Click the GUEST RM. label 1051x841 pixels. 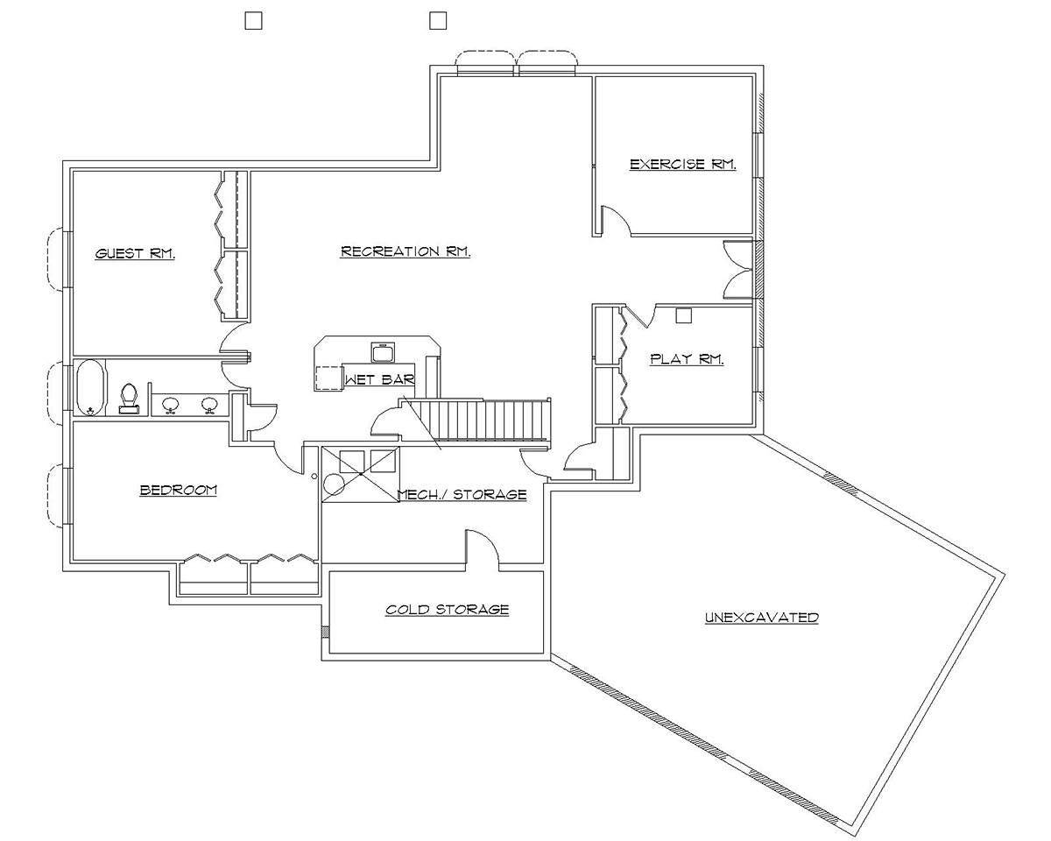point(135,254)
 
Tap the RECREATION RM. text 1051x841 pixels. point(406,251)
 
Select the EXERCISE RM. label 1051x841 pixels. point(682,164)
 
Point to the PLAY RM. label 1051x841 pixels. point(687,359)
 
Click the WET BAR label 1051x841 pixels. point(379,380)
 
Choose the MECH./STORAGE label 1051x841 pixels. point(462,495)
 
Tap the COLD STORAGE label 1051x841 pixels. point(447,610)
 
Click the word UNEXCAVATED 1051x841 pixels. point(761,618)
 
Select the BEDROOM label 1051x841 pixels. point(178,491)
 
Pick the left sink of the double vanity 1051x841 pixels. point(171,404)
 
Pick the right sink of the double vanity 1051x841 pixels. point(209,404)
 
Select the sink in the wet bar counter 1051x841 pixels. point(383,352)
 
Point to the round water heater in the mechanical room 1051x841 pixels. point(335,485)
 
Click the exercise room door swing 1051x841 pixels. point(617,220)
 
